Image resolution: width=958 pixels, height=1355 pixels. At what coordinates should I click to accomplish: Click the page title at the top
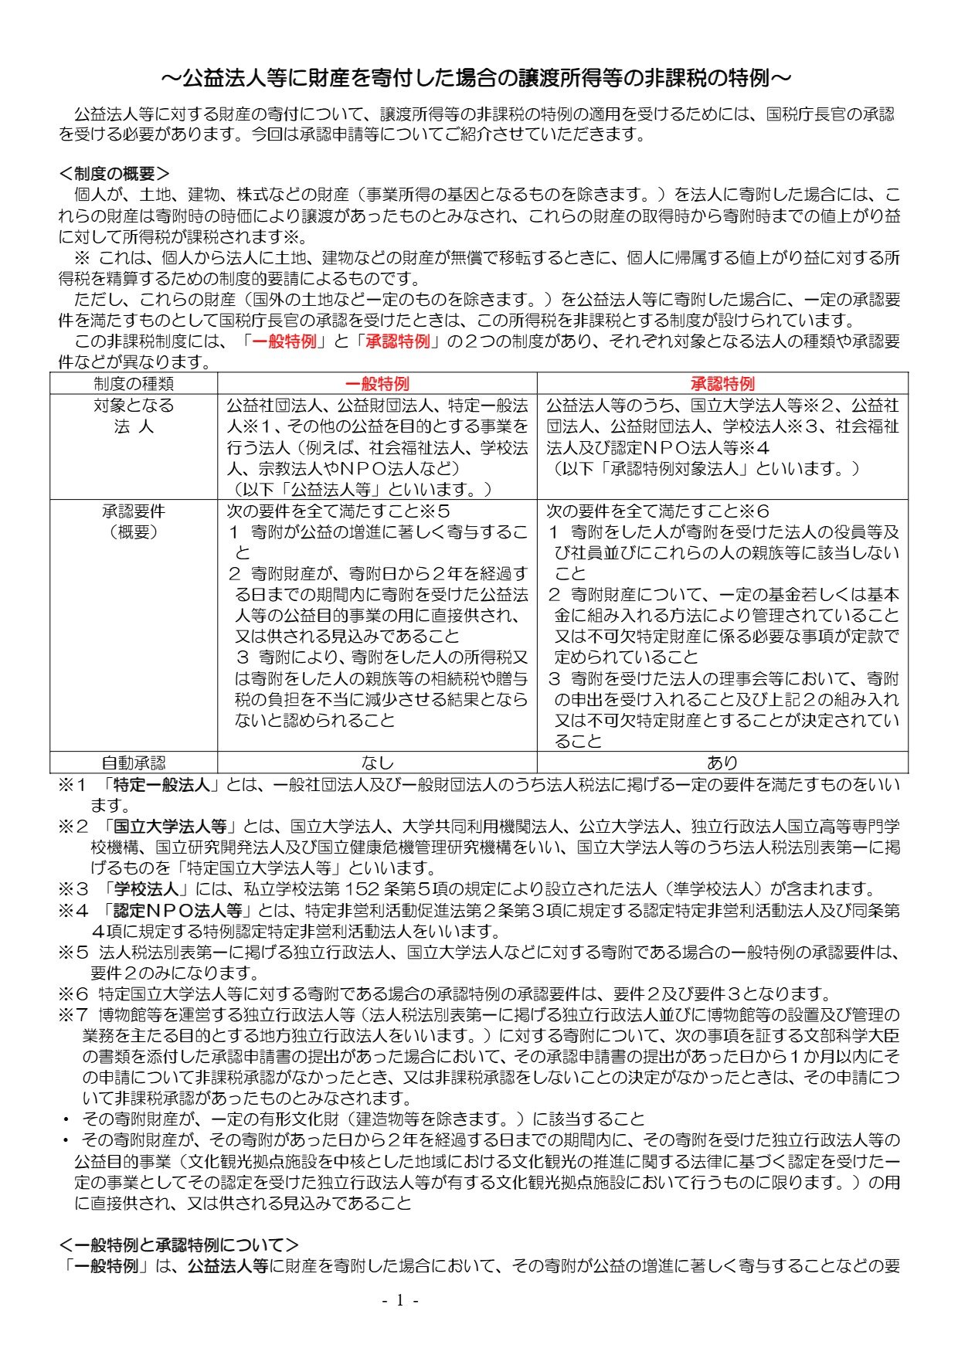pos(477,78)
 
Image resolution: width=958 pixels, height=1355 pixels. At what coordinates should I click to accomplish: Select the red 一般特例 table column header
pos(377,384)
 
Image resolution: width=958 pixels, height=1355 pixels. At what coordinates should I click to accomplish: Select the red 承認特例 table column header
pos(722,384)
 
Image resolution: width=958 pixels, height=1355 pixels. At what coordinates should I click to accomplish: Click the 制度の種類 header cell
pos(134,384)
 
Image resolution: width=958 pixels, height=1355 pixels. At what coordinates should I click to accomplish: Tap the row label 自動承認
pos(134,763)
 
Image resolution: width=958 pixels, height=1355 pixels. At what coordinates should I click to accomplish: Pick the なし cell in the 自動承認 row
pos(377,763)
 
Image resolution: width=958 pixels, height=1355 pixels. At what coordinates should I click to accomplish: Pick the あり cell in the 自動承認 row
pos(722,763)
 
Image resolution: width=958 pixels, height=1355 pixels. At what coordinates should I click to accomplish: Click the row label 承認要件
pos(134,511)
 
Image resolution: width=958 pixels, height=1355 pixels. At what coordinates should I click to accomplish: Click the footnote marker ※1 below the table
pos(74,786)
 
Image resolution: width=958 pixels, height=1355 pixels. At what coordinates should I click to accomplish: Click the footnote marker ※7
pos(74,1015)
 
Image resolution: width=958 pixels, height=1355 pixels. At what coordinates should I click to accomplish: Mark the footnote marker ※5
pos(74,953)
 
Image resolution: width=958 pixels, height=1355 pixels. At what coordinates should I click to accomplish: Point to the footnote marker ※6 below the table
pos(74,994)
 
